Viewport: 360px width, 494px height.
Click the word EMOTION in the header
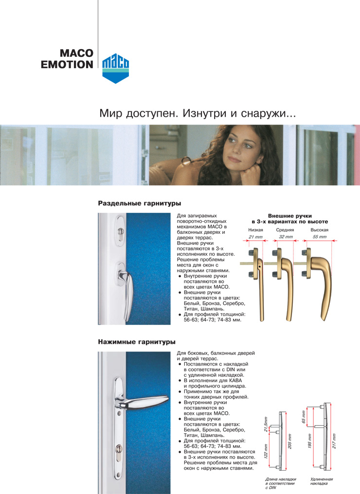(67, 64)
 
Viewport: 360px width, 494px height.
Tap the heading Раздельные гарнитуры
(140, 202)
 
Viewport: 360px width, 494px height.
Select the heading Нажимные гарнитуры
(137, 342)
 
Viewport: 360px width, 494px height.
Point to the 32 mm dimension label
(286, 237)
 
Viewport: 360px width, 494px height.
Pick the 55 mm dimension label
(320, 237)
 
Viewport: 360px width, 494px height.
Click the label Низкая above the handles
(255, 229)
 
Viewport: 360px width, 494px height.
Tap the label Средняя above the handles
(285, 229)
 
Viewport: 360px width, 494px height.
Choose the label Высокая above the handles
(320, 229)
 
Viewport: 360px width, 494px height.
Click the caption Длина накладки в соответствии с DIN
(280, 483)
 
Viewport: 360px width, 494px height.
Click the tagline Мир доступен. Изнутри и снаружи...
(198, 114)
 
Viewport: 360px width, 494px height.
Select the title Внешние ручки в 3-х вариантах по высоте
(289, 218)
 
